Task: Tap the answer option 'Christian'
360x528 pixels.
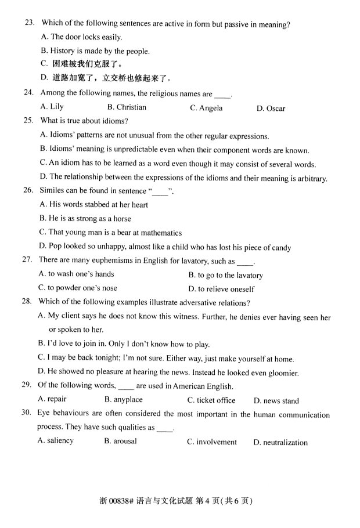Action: pos(131,107)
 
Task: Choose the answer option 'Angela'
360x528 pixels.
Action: pos(211,108)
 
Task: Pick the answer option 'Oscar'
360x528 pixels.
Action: pos(276,109)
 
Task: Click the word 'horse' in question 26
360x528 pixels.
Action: pos(120,219)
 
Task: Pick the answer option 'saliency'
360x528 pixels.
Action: pos(60,441)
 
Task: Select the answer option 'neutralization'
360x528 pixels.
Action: pos(285,443)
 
